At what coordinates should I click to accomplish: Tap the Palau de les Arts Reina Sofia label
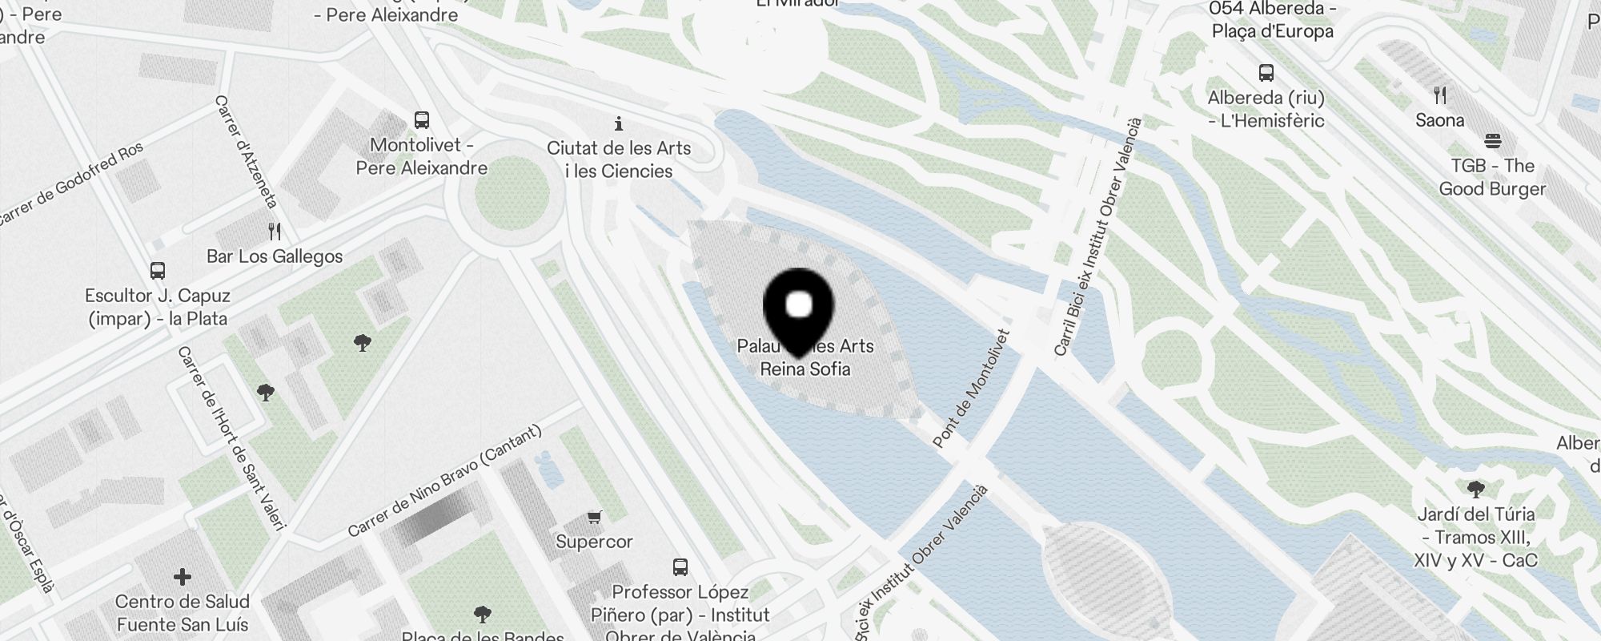(x=805, y=358)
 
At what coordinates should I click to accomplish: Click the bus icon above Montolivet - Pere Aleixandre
(x=422, y=120)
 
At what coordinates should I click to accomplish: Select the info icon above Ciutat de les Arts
(x=618, y=123)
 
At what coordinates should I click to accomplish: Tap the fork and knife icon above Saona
(x=1440, y=95)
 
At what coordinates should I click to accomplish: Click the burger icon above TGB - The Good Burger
(x=1492, y=141)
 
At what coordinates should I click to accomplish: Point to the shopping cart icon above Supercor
(x=594, y=517)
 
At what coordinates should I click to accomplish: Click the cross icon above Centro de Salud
(x=183, y=576)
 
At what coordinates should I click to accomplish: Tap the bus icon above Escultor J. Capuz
(x=158, y=270)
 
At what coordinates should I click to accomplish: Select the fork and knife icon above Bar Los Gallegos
(x=275, y=232)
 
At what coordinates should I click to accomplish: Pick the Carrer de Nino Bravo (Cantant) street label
(x=445, y=481)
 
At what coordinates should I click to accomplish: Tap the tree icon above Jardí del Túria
(x=1476, y=489)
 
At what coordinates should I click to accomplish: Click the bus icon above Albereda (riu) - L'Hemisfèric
(x=1266, y=73)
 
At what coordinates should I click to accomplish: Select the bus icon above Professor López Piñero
(x=680, y=567)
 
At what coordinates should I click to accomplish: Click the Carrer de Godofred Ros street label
(x=72, y=183)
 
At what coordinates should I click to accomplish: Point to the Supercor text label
(x=594, y=542)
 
